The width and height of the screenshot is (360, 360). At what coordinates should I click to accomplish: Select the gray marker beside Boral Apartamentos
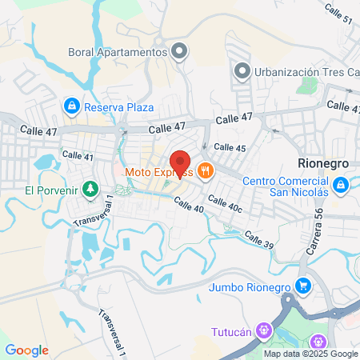click(180, 52)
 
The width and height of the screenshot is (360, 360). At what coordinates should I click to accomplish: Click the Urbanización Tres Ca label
click(303, 72)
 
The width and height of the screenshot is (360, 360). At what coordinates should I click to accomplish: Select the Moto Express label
click(158, 171)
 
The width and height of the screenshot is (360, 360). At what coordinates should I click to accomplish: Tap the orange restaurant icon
click(206, 170)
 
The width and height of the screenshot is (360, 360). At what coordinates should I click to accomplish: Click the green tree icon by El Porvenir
click(91, 190)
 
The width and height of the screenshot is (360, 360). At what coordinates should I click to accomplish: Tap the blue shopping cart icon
click(303, 286)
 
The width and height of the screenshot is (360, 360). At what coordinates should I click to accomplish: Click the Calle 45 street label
click(230, 148)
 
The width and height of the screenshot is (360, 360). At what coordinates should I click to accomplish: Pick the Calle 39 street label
click(259, 238)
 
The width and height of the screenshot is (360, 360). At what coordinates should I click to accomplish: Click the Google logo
click(26, 350)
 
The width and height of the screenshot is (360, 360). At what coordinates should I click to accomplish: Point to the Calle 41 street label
click(78, 156)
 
